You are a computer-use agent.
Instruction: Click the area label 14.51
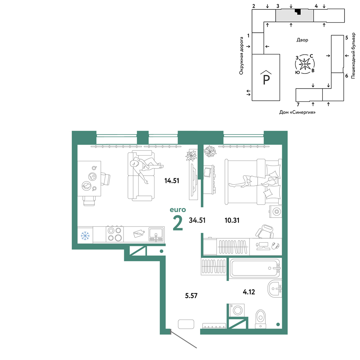coord(172,181)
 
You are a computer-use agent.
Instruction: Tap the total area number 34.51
coord(197,220)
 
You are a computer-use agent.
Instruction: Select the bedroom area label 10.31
coord(232,220)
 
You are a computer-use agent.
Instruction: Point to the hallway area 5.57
coord(191,296)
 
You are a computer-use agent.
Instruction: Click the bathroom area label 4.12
coord(249,292)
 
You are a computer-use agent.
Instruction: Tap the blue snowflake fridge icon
coord(85,235)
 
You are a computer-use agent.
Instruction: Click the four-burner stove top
coord(115,234)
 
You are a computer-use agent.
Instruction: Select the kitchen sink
coord(156,234)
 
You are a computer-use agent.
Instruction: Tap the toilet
coord(260,319)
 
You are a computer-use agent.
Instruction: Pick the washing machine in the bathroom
coord(237,310)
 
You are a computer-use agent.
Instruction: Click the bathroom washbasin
coord(275,289)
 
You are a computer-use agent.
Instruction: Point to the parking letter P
coord(266,80)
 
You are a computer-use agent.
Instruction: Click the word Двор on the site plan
coord(302,40)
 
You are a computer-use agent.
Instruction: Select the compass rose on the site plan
coord(305,64)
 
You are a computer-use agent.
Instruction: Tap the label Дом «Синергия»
coord(297,112)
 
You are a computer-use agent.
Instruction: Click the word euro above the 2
coord(178,210)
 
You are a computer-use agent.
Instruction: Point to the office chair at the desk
coord(265,231)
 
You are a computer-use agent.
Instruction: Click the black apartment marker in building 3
coord(298,12)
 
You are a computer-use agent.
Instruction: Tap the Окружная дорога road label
coord(241,56)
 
